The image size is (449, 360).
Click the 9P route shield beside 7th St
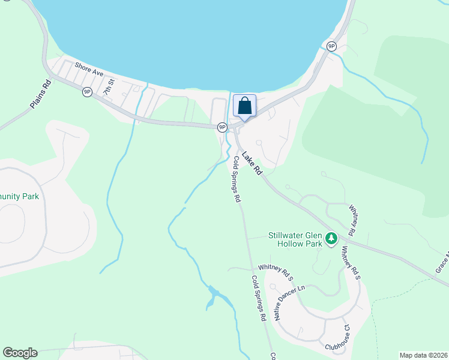pyautogui.click(x=87, y=91)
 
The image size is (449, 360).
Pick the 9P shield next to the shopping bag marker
pyautogui.click(x=222, y=127)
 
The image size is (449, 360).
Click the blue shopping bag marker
pyautogui.click(x=244, y=106)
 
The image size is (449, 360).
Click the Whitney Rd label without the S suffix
pyautogui.click(x=356, y=215)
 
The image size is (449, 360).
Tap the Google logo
pyautogui.click(x=20, y=353)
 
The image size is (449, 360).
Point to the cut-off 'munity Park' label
pyautogui.click(x=19, y=196)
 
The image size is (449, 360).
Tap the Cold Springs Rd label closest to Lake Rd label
pyautogui.click(x=237, y=179)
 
